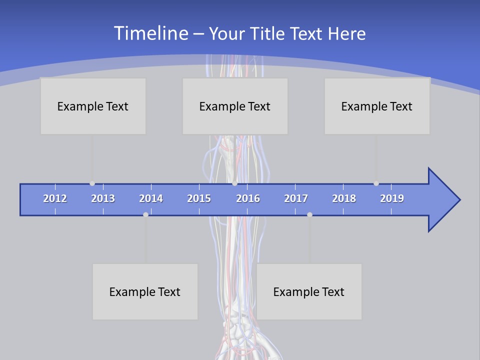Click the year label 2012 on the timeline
click(x=55, y=198)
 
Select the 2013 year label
click(x=103, y=198)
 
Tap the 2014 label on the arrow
click(x=151, y=198)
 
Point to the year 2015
click(x=199, y=198)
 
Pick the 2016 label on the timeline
click(x=248, y=198)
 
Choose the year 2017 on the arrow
click(x=296, y=198)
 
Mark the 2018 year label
click(x=344, y=198)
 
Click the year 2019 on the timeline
click(x=392, y=198)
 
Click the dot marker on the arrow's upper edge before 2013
click(x=92, y=183)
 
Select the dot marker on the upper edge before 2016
click(x=234, y=183)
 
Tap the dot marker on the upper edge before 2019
click(x=376, y=183)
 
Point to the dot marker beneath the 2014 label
click(x=145, y=214)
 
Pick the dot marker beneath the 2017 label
click(x=309, y=214)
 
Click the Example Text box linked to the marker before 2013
click(x=93, y=106)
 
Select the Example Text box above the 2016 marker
click(x=235, y=106)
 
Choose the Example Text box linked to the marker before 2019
click(x=377, y=106)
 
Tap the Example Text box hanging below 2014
click(x=145, y=291)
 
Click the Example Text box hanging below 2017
click(x=309, y=291)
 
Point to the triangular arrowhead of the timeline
click(x=442, y=200)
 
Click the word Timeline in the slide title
click(x=150, y=33)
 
